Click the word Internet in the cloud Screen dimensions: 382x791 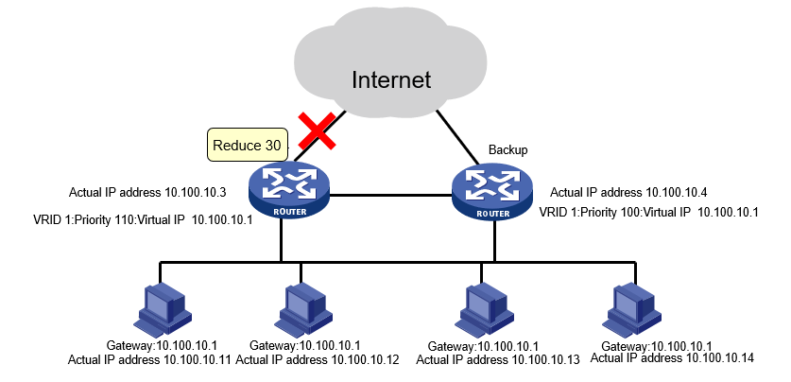(390, 79)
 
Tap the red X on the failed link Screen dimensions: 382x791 (318, 130)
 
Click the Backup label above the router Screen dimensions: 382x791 (507, 150)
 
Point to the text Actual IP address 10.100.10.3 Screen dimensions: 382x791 (147, 193)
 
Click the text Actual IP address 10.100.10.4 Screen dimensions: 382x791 (628, 193)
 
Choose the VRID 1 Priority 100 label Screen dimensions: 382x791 (648, 214)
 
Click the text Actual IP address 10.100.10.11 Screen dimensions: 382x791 (150, 360)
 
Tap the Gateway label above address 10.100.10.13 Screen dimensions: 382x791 (484, 346)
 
